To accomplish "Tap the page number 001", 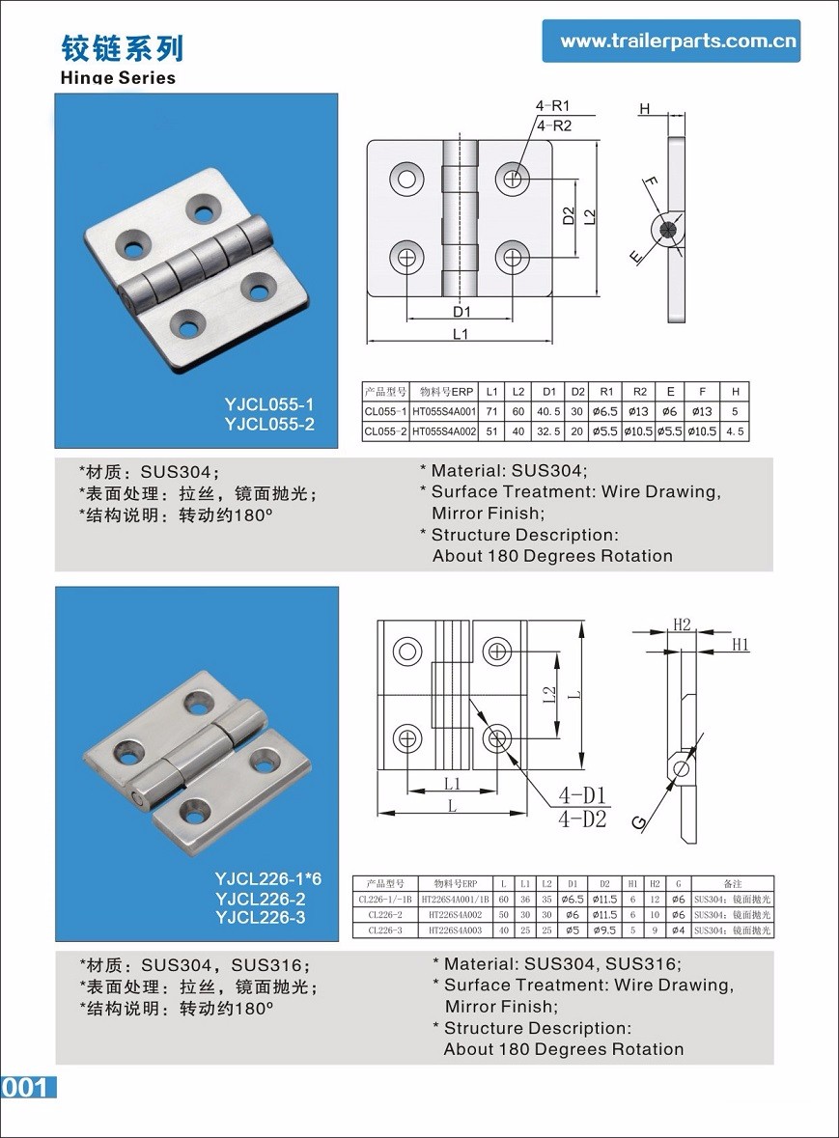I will click(x=25, y=1087).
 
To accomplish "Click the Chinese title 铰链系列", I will click(x=122, y=47).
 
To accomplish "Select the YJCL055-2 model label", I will click(x=269, y=424).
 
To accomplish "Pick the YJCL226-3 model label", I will click(x=261, y=917).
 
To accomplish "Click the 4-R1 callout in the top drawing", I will click(x=553, y=106).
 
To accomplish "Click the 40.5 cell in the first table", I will click(x=549, y=412).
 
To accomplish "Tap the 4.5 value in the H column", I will click(x=735, y=431).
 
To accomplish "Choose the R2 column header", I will click(x=639, y=392).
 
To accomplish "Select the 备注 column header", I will click(x=733, y=883).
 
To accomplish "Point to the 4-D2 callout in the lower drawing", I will click(x=583, y=819).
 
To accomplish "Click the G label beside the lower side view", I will click(x=638, y=821).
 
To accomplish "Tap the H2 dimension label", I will click(x=682, y=625).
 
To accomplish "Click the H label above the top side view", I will click(x=644, y=109).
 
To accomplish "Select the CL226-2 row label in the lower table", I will click(x=385, y=915).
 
